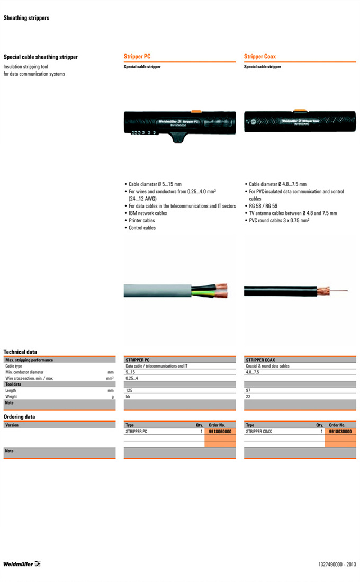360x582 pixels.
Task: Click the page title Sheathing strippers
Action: (x=26, y=18)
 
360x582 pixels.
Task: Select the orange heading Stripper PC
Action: (x=137, y=57)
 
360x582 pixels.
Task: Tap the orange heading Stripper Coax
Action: (x=260, y=57)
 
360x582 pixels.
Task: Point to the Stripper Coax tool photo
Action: (x=300, y=121)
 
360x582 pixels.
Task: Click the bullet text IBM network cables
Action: (x=148, y=213)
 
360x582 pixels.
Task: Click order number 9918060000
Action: (x=220, y=432)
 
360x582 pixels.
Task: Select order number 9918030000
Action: (x=340, y=432)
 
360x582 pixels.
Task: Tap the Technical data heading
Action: (x=20, y=352)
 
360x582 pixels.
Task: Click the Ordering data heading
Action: (x=19, y=417)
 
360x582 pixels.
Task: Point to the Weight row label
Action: (x=11, y=396)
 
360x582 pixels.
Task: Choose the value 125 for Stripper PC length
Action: (x=129, y=390)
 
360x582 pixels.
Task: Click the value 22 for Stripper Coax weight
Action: (x=248, y=396)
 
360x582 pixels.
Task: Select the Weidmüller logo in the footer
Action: (x=22, y=563)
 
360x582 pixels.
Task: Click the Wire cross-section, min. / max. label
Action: (x=29, y=378)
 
